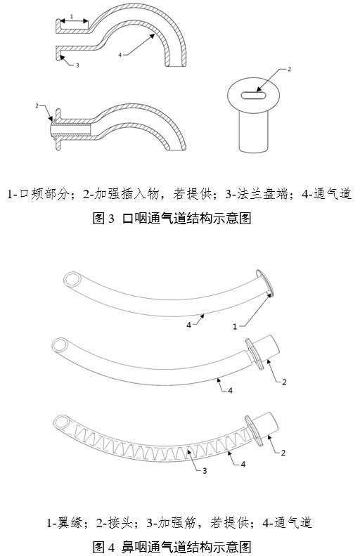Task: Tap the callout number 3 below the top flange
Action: (76, 65)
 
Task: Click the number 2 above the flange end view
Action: (288, 69)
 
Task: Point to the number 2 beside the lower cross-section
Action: (37, 105)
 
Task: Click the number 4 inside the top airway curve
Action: (120, 53)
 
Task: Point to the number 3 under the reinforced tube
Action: (205, 470)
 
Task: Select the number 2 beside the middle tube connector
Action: (283, 382)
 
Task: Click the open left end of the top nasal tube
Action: (71, 280)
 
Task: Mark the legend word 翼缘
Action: (72, 522)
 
